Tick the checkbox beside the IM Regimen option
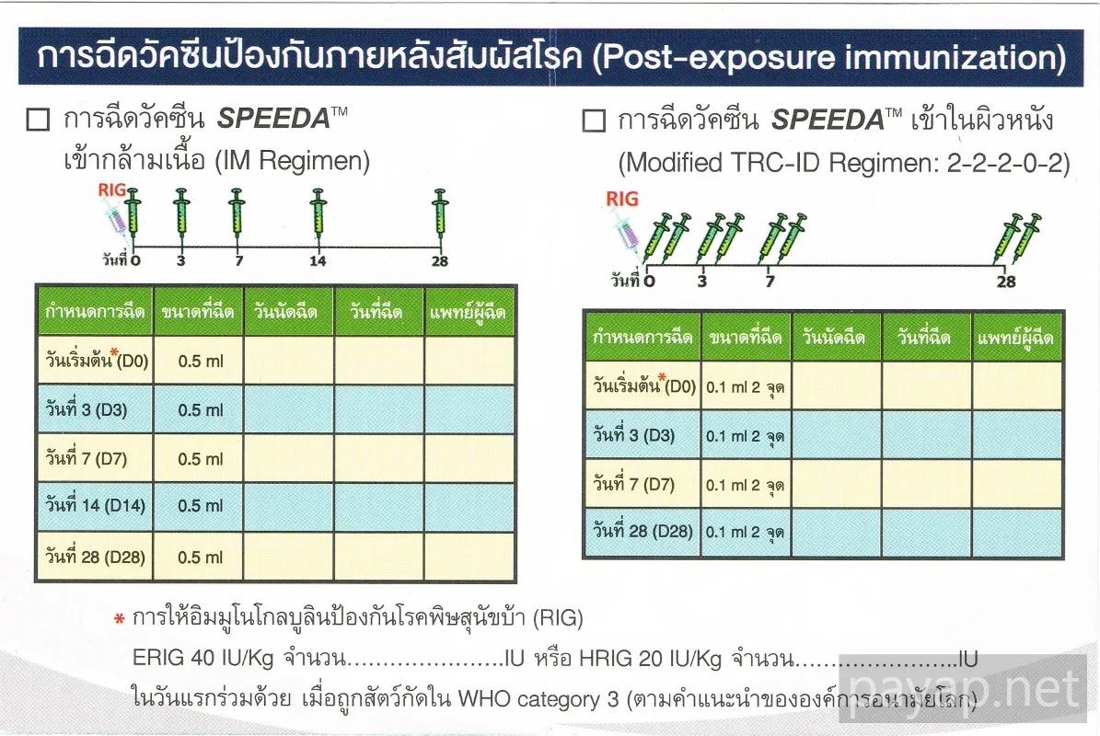pos(38,120)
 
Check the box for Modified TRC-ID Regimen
pos(594,120)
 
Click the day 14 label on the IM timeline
pos(318,261)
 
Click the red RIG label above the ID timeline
pos(622,199)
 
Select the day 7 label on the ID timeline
pos(770,282)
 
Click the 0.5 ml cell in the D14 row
pos(200,506)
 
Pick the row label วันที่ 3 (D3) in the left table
pos(87,408)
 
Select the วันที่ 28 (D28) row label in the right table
pos(643,532)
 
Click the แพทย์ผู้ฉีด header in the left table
pos(468,312)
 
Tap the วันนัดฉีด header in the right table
pos(833,338)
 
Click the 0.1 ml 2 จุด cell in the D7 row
pos(745,485)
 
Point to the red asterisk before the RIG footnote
pos(120,619)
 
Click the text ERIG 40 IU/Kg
pos(203,658)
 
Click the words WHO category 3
pos(538,699)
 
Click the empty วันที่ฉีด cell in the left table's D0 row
pos(379,361)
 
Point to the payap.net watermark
pos(963,689)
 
